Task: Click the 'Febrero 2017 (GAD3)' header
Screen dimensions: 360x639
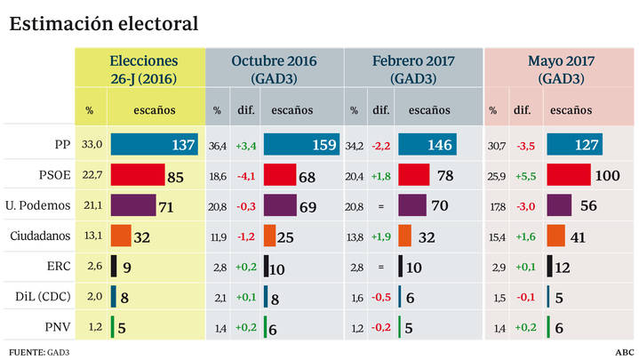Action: point(413,69)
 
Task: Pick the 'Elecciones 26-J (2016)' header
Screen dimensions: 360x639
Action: point(143,69)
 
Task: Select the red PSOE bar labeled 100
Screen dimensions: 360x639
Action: point(569,175)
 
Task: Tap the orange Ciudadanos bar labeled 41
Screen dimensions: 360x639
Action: point(555,236)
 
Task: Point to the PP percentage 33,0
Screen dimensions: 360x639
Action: point(92,144)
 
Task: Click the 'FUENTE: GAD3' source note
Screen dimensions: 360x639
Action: point(39,352)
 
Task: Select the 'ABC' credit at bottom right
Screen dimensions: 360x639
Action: point(625,352)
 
